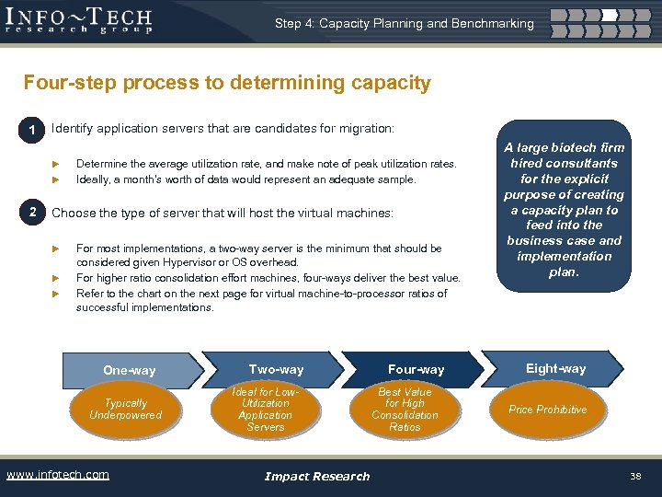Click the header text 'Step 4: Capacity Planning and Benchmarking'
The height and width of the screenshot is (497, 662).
(x=404, y=23)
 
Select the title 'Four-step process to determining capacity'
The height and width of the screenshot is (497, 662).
(x=227, y=83)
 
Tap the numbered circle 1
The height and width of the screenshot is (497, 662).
(x=32, y=131)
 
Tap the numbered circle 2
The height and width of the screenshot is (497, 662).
(x=32, y=213)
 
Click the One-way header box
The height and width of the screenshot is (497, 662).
(x=130, y=370)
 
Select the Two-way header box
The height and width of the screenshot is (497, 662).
(x=275, y=369)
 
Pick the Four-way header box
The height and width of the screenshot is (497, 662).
(x=416, y=369)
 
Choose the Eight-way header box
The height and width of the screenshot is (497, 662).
(x=555, y=368)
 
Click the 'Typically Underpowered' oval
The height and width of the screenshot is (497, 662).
(x=126, y=410)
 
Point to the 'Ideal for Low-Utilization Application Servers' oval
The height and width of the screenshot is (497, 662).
(x=266, y=410)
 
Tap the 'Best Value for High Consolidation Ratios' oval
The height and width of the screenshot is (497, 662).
(x=405, y=410)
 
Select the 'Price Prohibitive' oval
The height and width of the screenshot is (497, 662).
(x=547, y=410)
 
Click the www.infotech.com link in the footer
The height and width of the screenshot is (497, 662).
(x=57, y=475)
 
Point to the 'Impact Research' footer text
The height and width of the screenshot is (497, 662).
(x=316, y=476)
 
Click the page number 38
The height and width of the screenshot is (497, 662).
(x=635, y=476)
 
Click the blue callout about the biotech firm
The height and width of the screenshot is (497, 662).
(x=564, y=210)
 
